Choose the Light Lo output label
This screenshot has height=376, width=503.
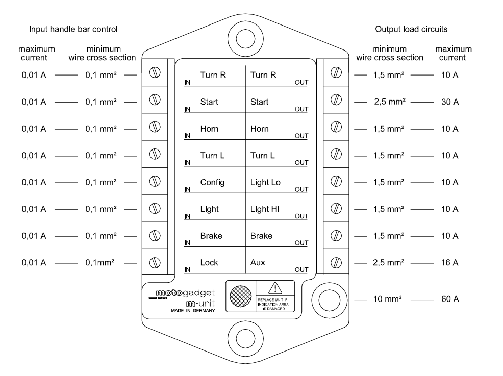pos(265,182)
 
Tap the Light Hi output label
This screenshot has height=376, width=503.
pos(265,209)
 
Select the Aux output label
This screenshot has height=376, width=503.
pos(258,263)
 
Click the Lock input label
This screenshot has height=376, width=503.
pos(209,263)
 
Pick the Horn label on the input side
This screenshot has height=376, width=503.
pos(209,129)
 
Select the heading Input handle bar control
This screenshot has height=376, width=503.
pos(73,29)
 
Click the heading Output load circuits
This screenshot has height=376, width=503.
pos(411,29)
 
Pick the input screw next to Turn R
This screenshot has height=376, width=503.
pos(153,73)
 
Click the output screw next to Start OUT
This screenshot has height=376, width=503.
pos(336,100)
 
